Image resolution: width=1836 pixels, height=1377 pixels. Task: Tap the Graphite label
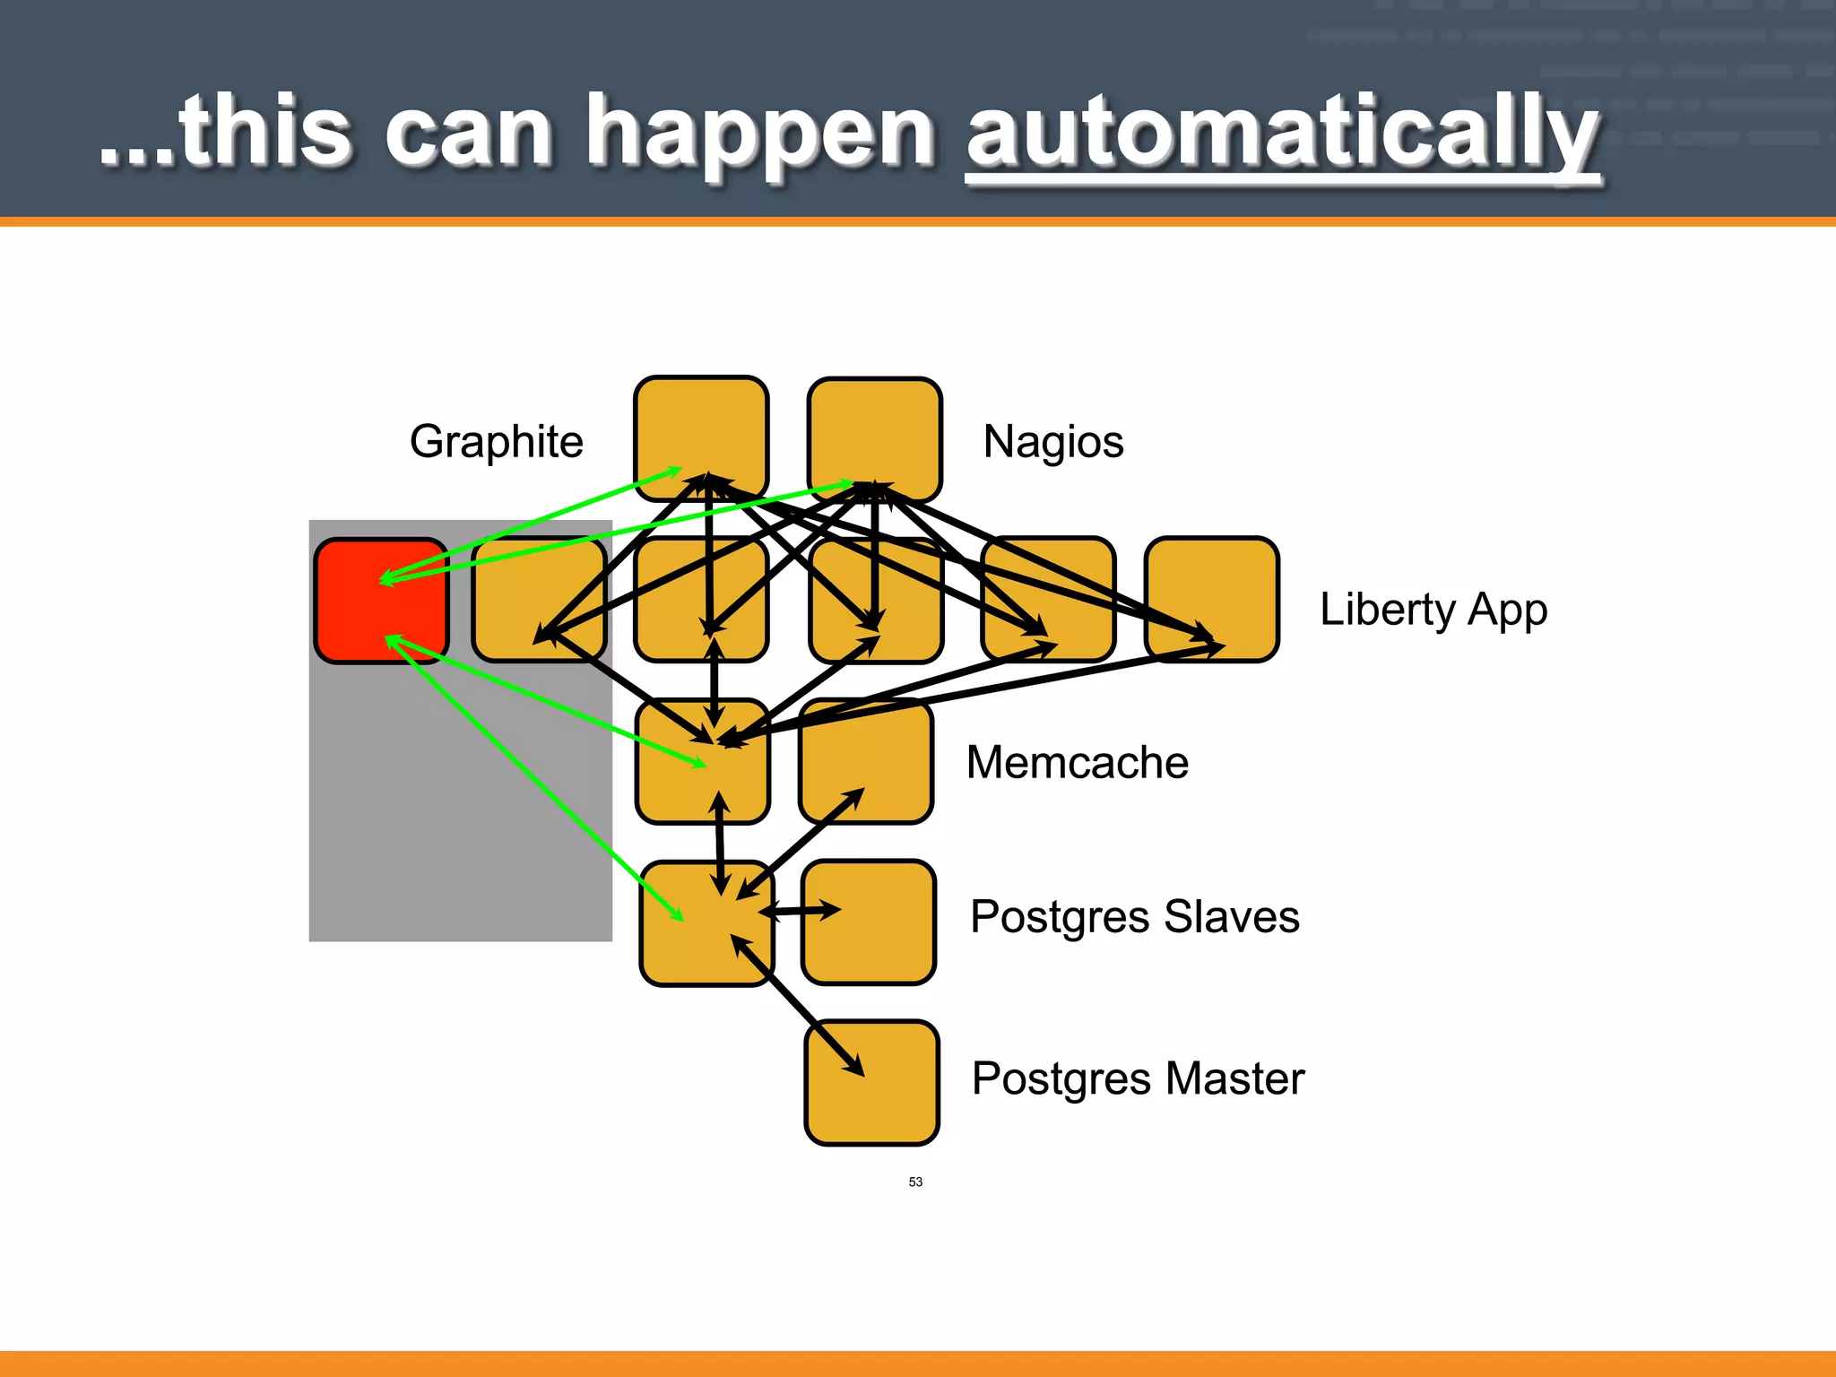tap(496, 442)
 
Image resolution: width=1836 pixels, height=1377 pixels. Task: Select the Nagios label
tap(1053, 442)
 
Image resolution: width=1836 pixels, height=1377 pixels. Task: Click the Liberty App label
tap(1433, 611)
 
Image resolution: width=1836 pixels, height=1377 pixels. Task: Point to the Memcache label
tap(1077, 763)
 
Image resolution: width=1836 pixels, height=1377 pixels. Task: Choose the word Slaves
tap(1231, 917)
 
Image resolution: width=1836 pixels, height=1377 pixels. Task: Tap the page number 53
tap(915, 1182)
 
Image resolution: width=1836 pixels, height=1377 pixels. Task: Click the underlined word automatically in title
tap(1282, 134)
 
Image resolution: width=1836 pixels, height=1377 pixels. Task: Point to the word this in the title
tap(264, 134)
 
